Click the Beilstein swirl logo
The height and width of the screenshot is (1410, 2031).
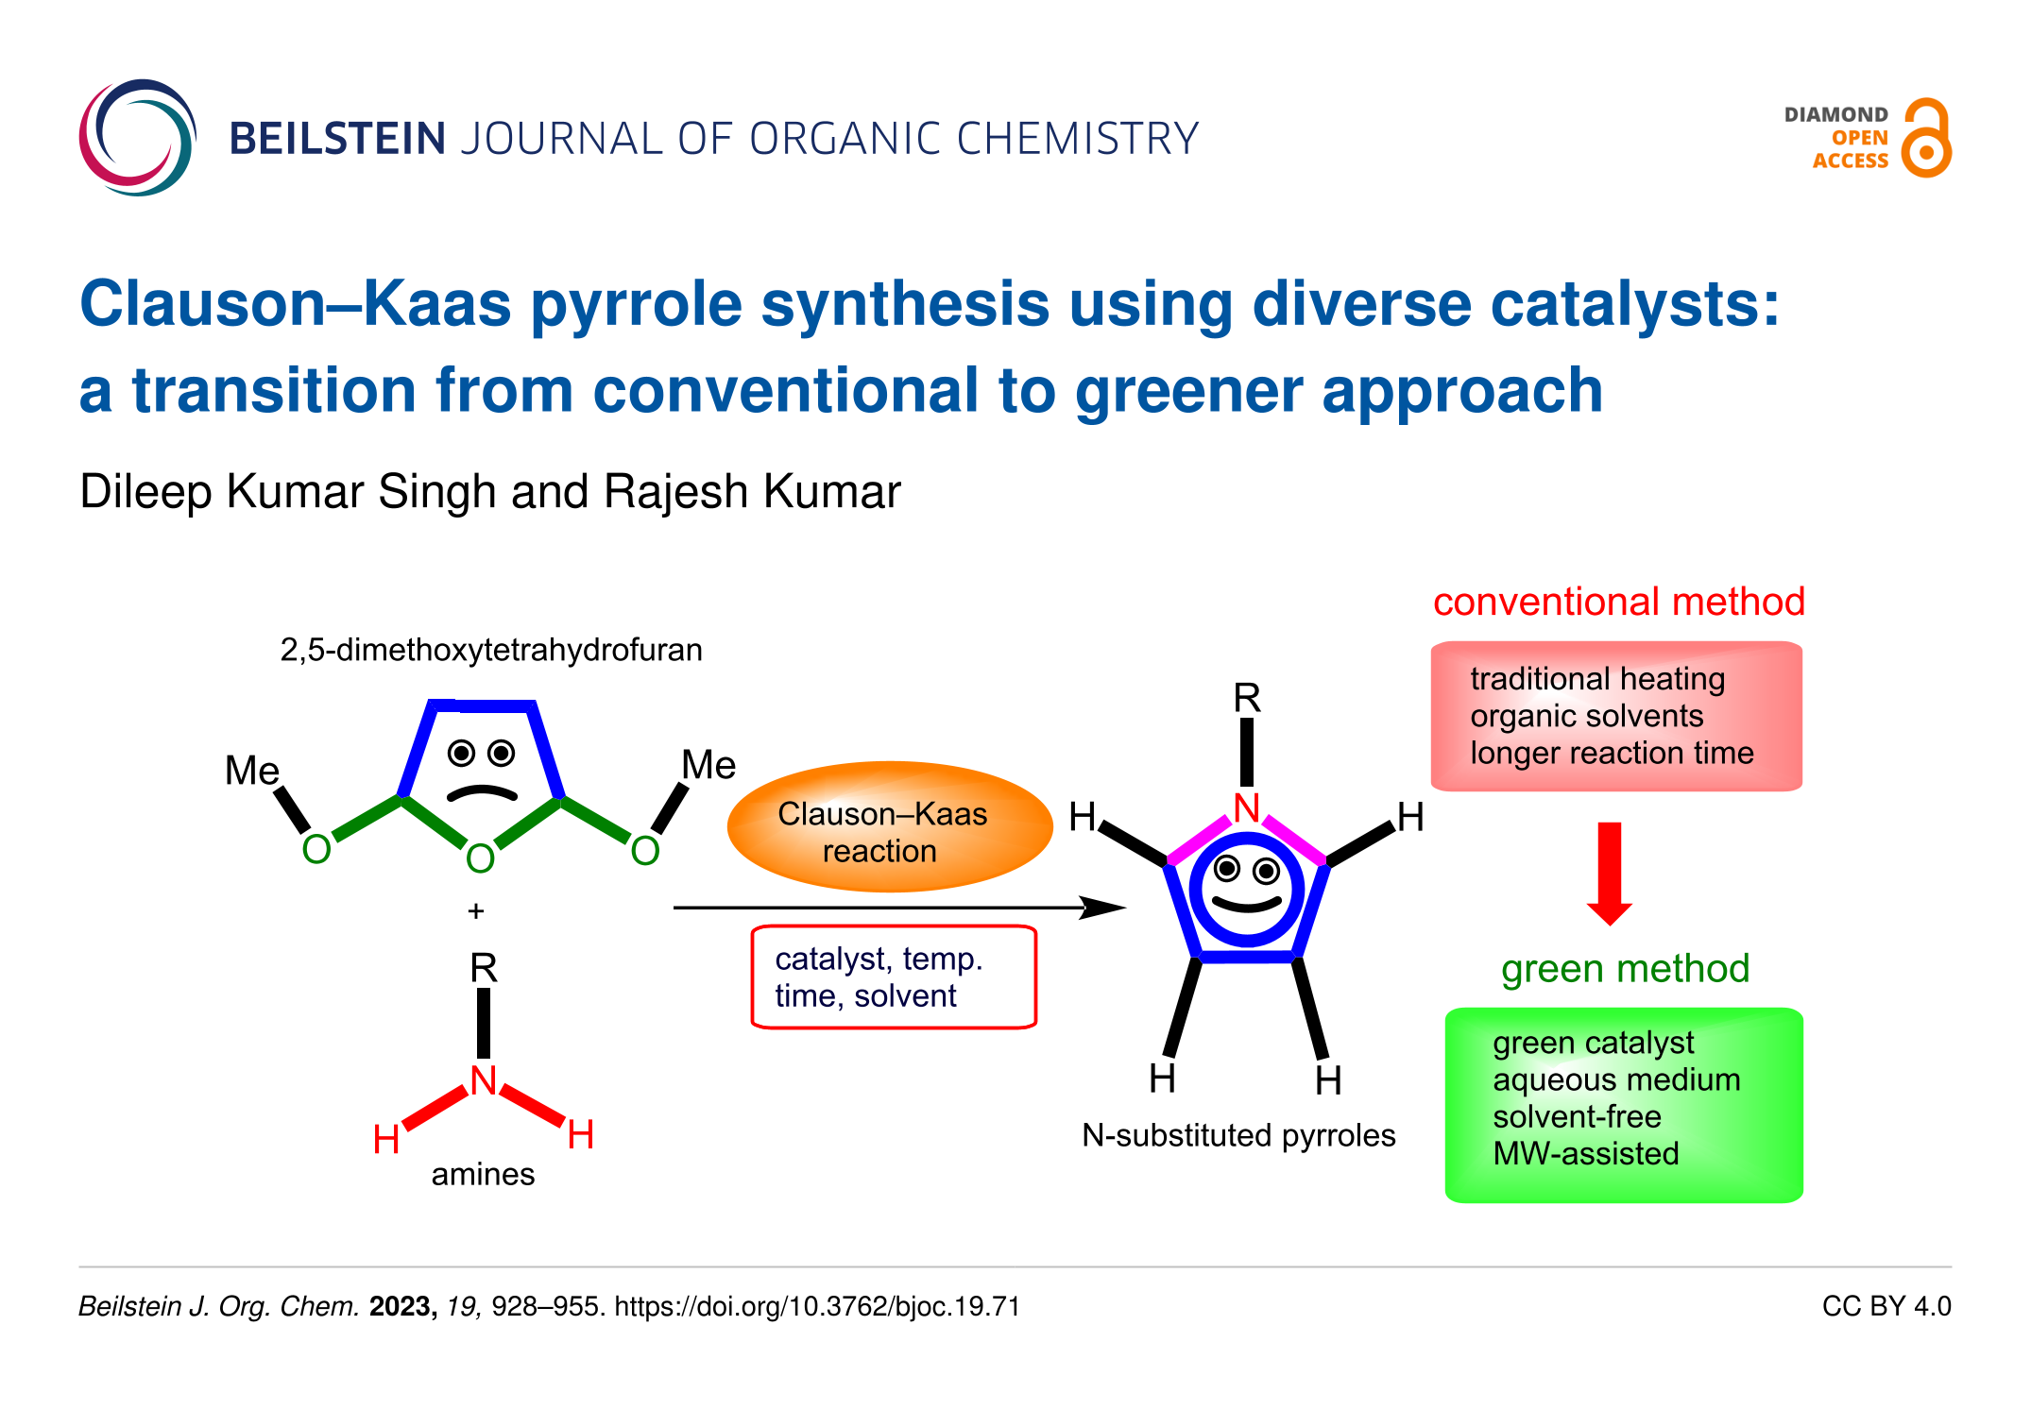tap(138, 138)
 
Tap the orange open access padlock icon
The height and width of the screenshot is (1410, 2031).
tap(1926, 139)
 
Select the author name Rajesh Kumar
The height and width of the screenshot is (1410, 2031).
tap(752, 492)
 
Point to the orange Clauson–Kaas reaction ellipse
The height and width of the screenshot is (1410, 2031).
tap(889, 827)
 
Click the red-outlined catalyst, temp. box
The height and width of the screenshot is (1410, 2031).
tap(894, 977)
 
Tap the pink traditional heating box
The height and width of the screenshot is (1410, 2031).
tap(1616, 716)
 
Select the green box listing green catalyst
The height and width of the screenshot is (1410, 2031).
tap(1624, 1104)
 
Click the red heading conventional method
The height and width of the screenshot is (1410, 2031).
tap(1618, 602)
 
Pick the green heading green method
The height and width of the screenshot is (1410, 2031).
tap(1625, 968)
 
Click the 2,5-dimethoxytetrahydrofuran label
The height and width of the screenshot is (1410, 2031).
tap(491, 650)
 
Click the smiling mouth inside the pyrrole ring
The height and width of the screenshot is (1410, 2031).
tap(1247, 905)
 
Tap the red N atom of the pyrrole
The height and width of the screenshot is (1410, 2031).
tap(1247, 808)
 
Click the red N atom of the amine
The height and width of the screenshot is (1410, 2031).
tap(484, 1080)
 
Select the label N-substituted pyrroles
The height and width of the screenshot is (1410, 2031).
tap(1238, 1135)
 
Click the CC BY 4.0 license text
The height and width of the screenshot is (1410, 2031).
tap(1886, 1306)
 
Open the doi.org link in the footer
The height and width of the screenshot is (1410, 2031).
tap(817, 1306)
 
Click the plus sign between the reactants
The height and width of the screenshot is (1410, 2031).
tap(476, 911)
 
